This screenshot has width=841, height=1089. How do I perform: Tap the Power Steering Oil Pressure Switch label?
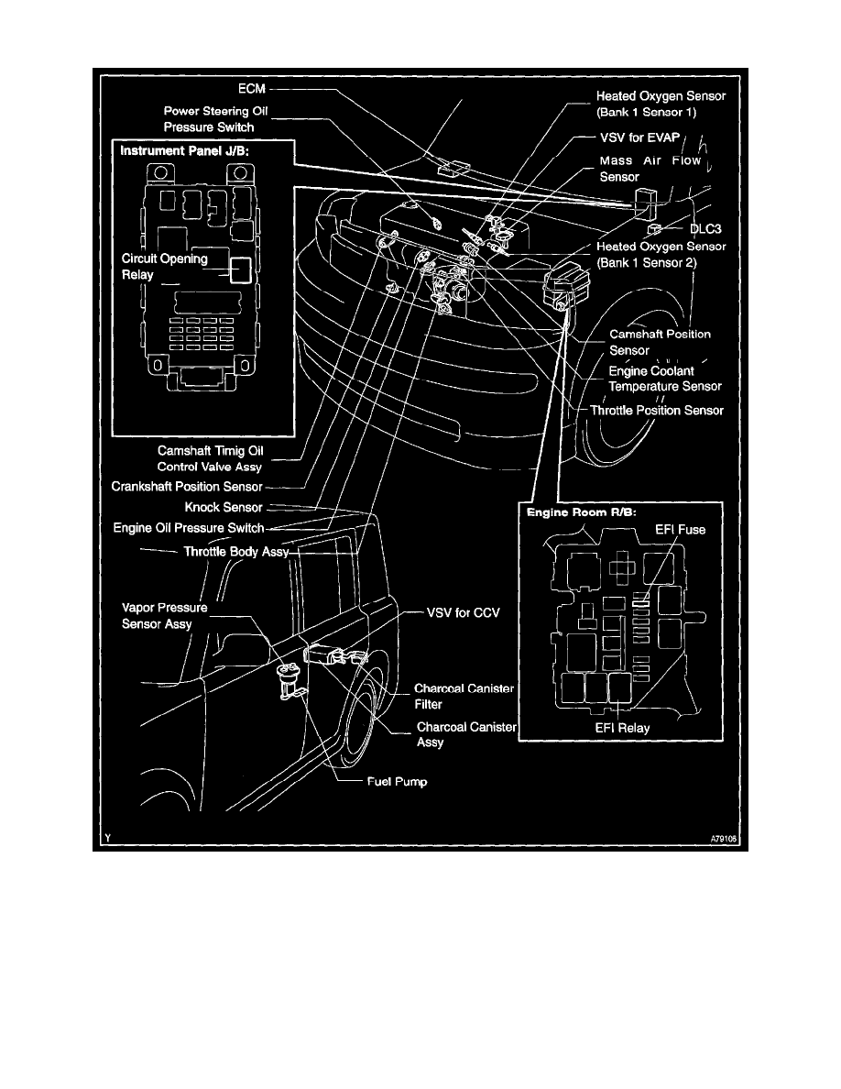pos(216,119)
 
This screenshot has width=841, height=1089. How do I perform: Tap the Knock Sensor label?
pos(224,507)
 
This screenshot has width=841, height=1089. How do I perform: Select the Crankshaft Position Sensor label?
pos(188,486)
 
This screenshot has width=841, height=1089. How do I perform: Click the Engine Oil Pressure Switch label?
pos(189,528)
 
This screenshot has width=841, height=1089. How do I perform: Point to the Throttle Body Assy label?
pos(236,552)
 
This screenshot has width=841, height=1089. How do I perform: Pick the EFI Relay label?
pos(620,729)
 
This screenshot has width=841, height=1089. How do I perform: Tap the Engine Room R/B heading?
pos(576,512)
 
